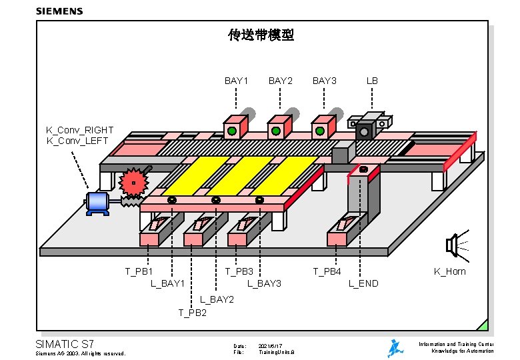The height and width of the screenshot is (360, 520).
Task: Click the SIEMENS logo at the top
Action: click(59, 11)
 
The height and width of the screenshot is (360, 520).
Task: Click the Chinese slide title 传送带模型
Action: click(261, 35)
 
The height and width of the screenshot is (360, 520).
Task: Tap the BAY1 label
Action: click(236, 81)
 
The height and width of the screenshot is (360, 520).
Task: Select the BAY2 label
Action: click(280, 81)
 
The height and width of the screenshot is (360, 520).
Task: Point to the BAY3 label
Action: click(325, 81)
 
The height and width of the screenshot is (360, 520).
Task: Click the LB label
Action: click(372, 81)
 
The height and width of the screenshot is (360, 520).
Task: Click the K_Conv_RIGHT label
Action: click(79, 130)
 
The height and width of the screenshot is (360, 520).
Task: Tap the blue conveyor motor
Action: click(98, 202)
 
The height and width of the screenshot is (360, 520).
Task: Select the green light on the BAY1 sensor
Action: click(231, 131)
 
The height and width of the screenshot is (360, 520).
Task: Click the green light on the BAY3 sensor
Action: click(320, 131)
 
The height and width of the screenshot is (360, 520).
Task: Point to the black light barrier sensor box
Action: click(364, 131)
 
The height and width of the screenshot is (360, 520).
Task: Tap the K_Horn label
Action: click(449, 271)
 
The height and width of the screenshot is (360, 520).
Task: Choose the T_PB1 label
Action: click(139, 271)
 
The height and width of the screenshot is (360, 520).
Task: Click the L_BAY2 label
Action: click(217, 299)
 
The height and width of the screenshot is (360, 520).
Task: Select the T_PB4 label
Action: click(327, 271)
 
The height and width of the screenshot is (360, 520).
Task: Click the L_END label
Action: click(363, 283)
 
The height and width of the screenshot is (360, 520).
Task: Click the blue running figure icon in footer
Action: click(395, 348)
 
